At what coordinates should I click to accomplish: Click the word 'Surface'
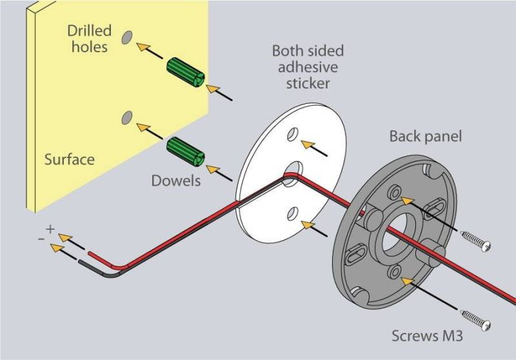click(x=69, y=159)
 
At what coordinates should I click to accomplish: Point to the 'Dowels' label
click(x=175, y=181)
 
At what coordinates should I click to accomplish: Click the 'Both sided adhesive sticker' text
click(x=308, y=67)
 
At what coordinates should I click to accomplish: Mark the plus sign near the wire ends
click(x=50, y=229)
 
